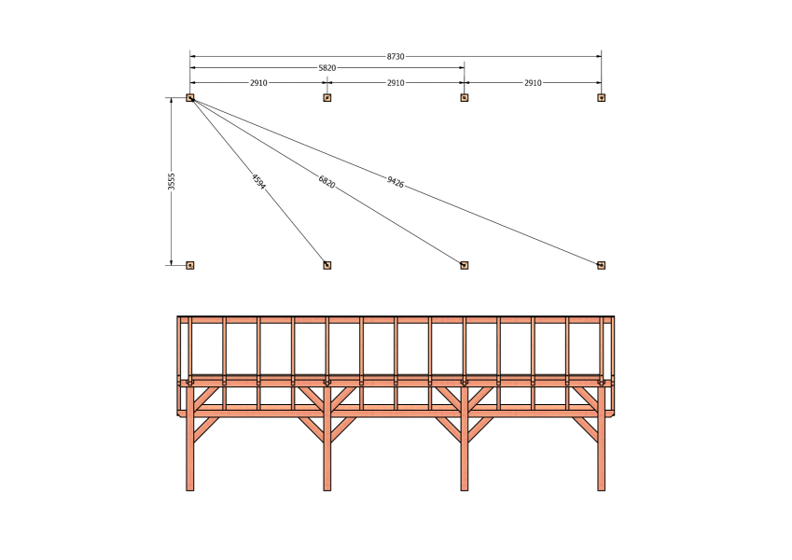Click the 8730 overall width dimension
[396, 57]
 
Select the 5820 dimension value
[327, 68]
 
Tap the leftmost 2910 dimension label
[258, 83]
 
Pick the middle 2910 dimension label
[396, 83]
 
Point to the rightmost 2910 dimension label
[533, 83]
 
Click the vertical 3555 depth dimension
[172, 181]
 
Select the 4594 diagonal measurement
[258, 182]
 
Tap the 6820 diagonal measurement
[327, 182]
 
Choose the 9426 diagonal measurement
[396, 182]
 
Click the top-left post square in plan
[190, 98]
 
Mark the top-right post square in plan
[601, 98]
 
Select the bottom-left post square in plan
[190, 265]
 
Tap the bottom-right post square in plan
[601, 265]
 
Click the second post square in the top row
[327, 98]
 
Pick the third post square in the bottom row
[465, 265]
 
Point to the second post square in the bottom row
[327, 265]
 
